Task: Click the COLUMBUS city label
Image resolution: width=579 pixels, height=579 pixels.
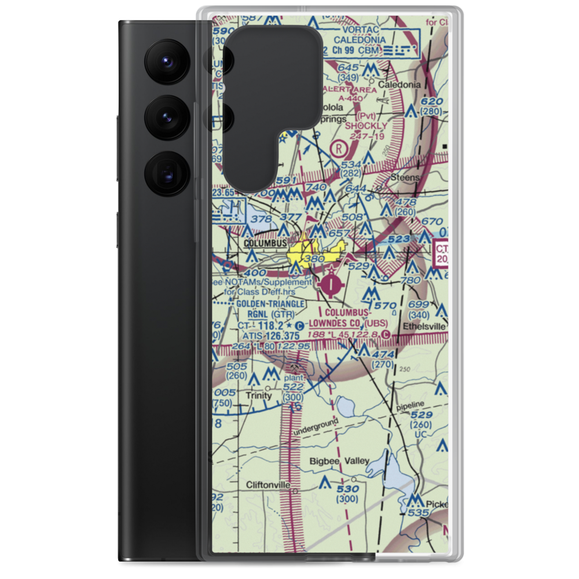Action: click(265, 244)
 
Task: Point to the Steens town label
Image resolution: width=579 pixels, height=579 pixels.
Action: click(404, 177)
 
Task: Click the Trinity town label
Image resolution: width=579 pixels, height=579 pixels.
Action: click(258, 395)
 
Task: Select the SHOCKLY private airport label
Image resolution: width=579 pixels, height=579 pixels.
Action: click(366, 125)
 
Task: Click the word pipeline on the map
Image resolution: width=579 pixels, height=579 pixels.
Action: click(411, 404)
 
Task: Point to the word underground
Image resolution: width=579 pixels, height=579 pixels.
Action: click(316, 428)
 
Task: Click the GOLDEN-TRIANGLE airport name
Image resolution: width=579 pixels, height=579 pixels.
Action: click(270, 303)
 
